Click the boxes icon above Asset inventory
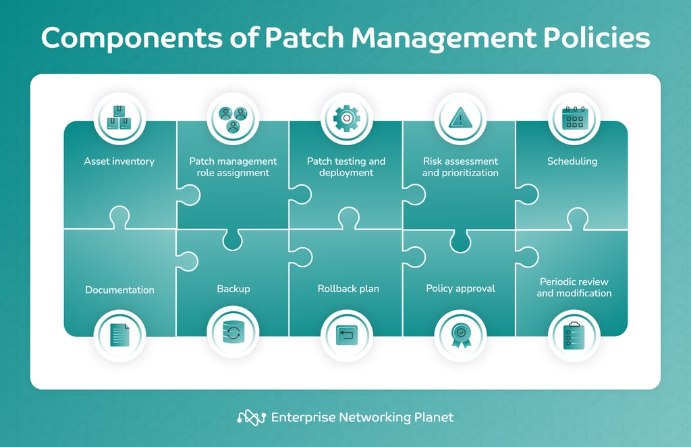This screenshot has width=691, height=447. point(119,117)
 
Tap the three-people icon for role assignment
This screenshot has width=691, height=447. point(233,120)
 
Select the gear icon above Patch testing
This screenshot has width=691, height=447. point(347,118)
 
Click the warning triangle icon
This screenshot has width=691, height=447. point(460,117)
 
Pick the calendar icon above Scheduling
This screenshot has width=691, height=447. point(575,118)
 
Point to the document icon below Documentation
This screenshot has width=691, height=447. point(120,335)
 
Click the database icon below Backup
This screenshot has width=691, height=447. point(233,334)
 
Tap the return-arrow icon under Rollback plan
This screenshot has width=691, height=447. point(347,335)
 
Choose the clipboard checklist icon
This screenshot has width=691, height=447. point(574,336)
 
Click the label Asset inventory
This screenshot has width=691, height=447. point(119,161)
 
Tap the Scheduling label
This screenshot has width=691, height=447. point(572,161)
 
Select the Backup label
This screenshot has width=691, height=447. point(233,289)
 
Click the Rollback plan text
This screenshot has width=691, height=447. point(348,289)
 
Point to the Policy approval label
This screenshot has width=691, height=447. point(460,289)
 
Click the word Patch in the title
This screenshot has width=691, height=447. point(304,38)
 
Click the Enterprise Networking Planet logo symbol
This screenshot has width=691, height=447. point(251,417)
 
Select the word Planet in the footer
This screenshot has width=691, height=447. point(434,417)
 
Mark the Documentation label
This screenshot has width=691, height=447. point(120,290)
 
